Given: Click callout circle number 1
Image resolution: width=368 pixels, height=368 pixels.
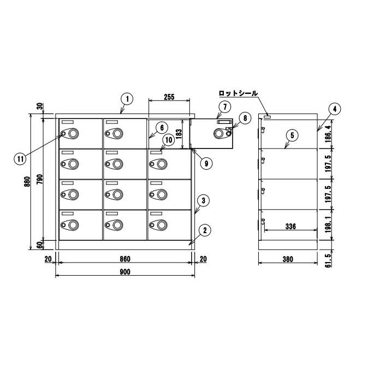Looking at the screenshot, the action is point(127,99).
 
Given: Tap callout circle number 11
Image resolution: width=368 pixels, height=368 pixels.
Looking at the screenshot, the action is point(20,159).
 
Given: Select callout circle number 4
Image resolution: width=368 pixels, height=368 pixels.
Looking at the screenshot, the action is point(335,109).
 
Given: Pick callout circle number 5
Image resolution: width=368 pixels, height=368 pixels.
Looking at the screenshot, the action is point(292,135).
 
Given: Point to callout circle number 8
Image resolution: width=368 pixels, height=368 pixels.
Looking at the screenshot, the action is point(245,118).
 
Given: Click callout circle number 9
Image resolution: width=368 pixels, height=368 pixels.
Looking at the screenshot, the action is point(206,163).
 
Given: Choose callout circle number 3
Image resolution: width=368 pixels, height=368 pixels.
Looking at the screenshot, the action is point(203,200).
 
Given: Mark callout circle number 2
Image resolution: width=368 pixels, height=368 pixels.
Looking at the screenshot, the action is point(205,230).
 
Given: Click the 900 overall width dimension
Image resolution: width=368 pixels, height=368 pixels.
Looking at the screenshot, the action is point(125,272).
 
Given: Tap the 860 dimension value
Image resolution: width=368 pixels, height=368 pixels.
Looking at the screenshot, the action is point(125,259).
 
